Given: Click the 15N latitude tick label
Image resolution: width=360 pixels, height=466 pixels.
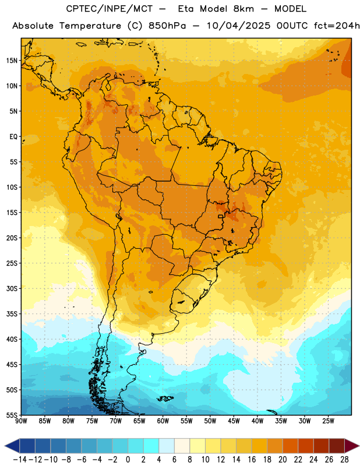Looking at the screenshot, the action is pyautogui.click(x=12, y=61).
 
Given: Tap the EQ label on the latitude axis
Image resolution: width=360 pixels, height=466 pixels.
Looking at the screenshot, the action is pyautogui.click(x=13, y=137).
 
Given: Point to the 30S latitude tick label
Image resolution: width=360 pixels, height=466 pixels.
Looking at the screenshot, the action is pyautogui.click(x=12, y=288).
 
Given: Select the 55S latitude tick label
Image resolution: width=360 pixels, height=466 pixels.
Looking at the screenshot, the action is pyautogui.click(x=12, y=415).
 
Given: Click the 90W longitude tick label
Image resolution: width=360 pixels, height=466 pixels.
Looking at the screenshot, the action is pyautogui.click(x=22, y=421).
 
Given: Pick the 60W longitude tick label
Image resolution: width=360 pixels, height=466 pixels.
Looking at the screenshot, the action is pyautogui.click(x=163, y=421).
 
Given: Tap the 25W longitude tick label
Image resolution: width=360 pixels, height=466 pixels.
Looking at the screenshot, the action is pyautogui.click(x=328, y=421).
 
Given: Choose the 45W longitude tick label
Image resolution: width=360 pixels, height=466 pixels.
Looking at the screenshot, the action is pyautogui.click(x=234, y=421).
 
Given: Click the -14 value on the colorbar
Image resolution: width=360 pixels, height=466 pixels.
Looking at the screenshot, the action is pyautogui.click(x=20, y=460).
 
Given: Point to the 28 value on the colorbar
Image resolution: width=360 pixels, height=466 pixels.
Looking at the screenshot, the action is pyautogui.click(x=344, y=460).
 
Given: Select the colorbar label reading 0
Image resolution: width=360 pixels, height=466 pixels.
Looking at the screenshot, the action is pyautogui.click(x=128, y=460).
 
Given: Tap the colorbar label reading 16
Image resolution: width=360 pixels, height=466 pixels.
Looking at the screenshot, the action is pyautogui.click(x=252, y=460).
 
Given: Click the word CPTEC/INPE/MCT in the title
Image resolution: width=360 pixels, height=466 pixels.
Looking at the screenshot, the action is pyautogui.click(x=110, y=9).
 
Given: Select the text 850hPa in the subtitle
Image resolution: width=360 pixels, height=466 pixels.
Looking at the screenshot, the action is pyautogui.click(x=167, y=26).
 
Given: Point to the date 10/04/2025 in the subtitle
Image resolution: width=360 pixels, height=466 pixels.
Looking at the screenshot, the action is pyautogui.click(x=239, y=26).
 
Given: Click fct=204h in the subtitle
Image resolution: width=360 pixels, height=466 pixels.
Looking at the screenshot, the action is pyautogui.click(x=337, y=26).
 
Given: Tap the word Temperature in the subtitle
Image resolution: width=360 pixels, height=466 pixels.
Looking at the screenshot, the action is pyautogui.click(x=90, y=26).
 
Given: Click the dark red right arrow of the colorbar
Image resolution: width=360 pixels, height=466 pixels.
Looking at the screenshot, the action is pyautogui.click(x=352, y=446).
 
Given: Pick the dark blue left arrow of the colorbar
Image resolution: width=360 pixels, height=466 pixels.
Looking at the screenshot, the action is pyautogui.click(x=12, y=446).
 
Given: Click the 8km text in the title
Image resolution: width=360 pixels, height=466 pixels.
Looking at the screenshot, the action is pyautogui.click(x=243, y=9).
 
